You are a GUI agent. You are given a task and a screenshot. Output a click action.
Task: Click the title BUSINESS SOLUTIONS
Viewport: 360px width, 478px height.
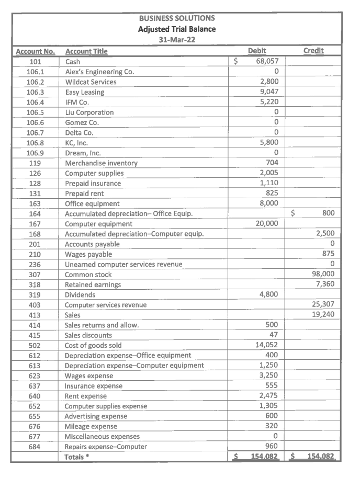tap(177, 18)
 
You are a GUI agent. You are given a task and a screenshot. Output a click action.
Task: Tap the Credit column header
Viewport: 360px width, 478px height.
tap(313, 51)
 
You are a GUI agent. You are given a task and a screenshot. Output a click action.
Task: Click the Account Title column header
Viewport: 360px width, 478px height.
tap(86, 51)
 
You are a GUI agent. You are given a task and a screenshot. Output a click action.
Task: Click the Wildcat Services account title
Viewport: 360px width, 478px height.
tap(91, 82)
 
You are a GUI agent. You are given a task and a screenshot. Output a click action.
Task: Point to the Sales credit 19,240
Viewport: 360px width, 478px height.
tap(322, 315)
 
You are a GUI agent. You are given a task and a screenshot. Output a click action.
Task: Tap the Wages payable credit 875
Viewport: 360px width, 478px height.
tap(328, 254)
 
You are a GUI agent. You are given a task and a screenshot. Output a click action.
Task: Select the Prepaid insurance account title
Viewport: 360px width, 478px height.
tap(93, 184)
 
